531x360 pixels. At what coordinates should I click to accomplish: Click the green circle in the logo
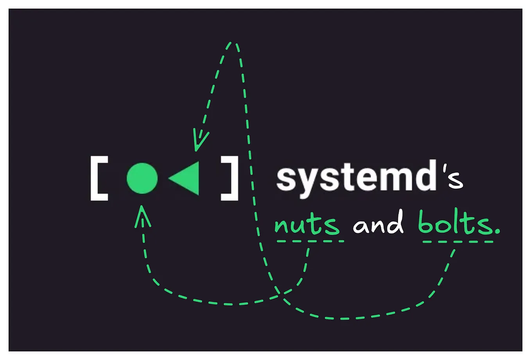pos(142,178)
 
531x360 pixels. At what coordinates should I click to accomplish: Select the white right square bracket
pos(230,178)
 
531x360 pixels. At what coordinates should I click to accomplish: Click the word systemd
pos(356,179)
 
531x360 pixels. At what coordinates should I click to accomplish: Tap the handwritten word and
pos(378,222)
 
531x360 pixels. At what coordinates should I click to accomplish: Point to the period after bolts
pos(497,232)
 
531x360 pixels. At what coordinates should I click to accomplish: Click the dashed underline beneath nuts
pos(310,241)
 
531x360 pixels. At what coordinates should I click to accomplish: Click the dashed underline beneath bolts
pos(458,242)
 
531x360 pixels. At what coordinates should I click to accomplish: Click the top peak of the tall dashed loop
pos(233,43)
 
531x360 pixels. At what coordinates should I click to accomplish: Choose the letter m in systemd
pos(391,179)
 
